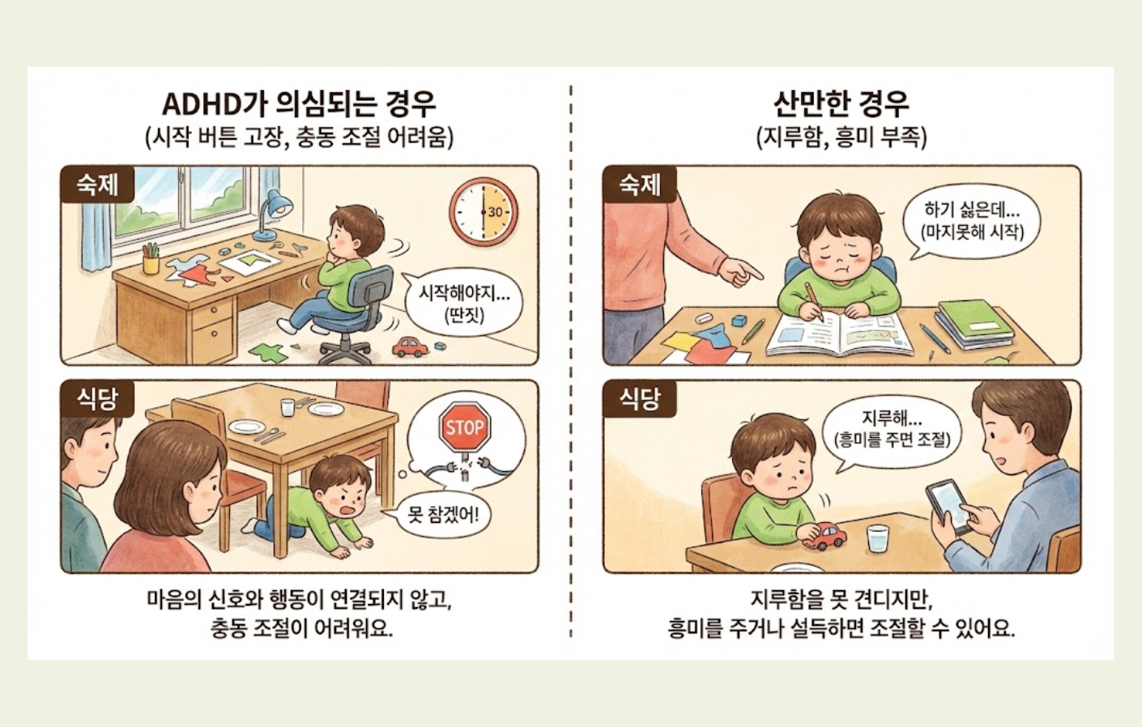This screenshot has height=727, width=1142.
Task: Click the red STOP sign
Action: point(464,427)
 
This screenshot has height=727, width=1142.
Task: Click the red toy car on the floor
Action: point(411,346)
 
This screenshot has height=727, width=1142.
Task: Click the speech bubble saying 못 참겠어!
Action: point(443,514)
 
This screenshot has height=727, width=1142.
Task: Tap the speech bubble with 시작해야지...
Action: point(463,302)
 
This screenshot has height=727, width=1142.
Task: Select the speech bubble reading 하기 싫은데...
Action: point(971,220)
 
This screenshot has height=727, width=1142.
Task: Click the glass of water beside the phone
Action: point(877,539)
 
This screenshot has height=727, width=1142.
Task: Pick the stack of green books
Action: point(974,323)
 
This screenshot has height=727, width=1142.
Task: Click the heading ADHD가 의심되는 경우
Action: point(299,104)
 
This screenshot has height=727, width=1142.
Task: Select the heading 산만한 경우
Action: point(841,104)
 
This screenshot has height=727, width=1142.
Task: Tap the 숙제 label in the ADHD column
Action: point(97,185)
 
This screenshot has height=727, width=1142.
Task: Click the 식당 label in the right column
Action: point(640,398)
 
